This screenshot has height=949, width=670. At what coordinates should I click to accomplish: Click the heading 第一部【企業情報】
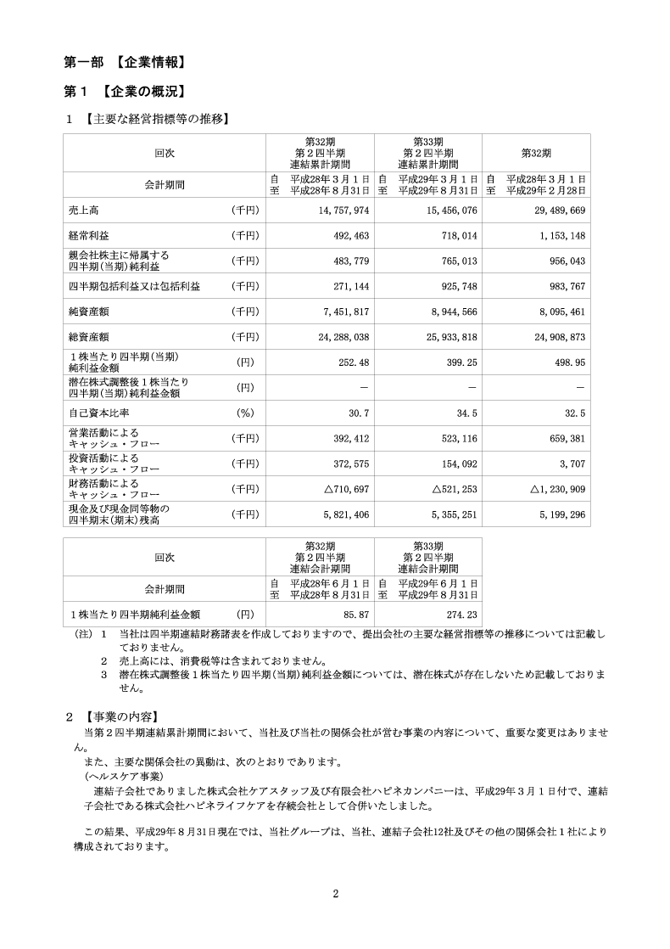(x=125, y=62)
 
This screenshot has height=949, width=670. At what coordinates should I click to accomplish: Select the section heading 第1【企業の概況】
(x=125, y=91)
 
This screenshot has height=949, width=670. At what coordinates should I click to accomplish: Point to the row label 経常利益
(x=87, y=234)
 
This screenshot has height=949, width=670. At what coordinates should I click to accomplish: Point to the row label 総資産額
(x=87, y=336)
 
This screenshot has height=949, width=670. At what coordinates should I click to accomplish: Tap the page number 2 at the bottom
(x=336, y=893)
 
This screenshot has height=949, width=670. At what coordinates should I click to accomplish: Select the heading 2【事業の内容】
(x=111, y=716)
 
